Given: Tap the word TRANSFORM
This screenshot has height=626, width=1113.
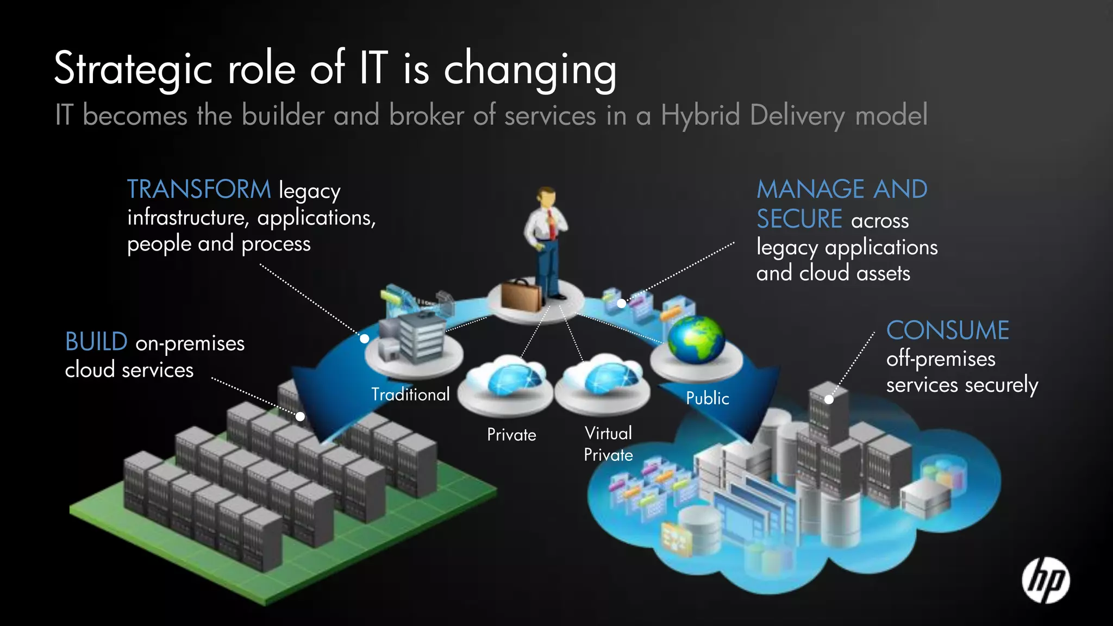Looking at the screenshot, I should coord(199,190).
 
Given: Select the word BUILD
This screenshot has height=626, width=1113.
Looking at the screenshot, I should coord(96,342).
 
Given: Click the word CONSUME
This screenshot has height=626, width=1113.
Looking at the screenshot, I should coord(948,330).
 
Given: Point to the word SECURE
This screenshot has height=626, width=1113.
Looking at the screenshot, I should coord(799,220).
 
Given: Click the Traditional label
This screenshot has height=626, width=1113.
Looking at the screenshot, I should coord(410,394).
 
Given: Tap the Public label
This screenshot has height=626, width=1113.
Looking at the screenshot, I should coord(707,398).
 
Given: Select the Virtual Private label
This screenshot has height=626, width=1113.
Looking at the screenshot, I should coord(608,444).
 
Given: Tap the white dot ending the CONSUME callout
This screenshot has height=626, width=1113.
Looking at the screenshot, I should coord(829,399).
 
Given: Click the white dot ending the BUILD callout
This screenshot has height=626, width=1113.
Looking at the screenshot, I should coord(300,417).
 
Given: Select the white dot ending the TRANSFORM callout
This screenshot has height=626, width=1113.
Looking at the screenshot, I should coord(365,339).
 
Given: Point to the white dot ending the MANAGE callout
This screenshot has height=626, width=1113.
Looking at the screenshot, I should coord(621,304).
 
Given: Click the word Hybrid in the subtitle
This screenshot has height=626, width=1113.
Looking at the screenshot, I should coord(700,116).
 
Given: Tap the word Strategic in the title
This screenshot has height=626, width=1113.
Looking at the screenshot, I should coord(133,69).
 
